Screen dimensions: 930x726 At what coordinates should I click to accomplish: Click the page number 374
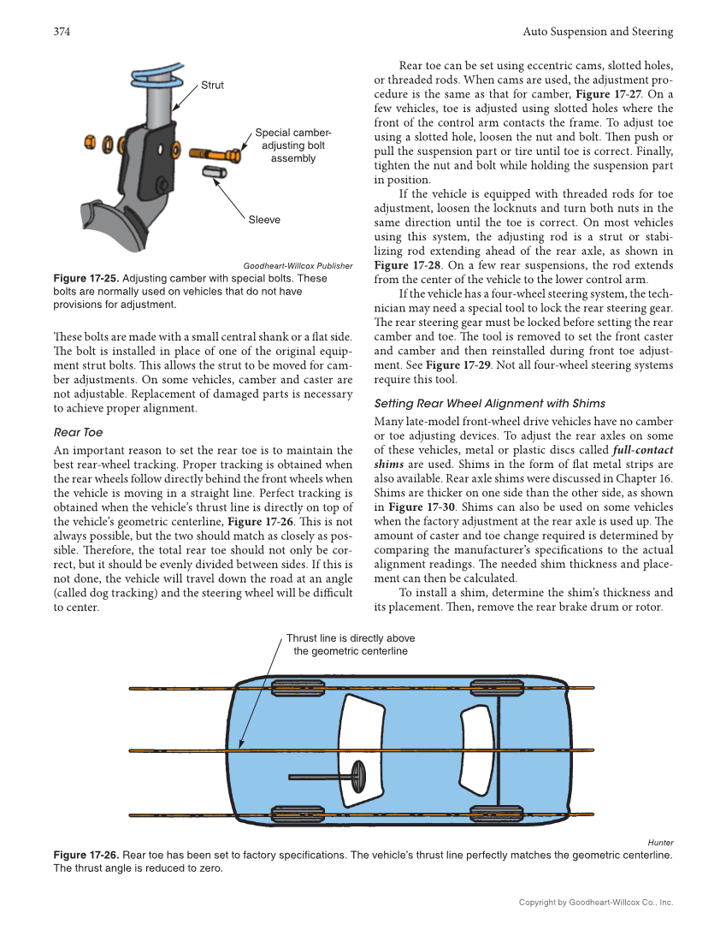point(62,33)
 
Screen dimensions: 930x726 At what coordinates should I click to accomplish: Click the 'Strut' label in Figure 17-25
point(212,86)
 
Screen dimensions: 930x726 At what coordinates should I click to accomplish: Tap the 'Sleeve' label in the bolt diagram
point(264,220)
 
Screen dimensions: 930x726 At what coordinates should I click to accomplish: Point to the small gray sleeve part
point(214,172)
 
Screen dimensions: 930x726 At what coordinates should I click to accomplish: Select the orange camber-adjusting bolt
point(214,155)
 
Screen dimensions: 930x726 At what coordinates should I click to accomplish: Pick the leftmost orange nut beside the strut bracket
point(89,142)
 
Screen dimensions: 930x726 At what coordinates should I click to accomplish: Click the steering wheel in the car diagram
point(358,775)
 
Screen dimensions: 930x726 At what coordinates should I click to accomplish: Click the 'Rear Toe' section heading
point(78,433)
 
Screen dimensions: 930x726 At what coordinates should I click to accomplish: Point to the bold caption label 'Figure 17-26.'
point(86,856)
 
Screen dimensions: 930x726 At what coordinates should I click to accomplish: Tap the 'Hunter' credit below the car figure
point(660,843)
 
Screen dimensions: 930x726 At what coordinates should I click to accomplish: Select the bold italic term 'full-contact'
point(642,450)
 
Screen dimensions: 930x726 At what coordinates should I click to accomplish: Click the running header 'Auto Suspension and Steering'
point(597,33)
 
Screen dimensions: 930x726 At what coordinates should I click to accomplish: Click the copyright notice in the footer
point(596,902)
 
